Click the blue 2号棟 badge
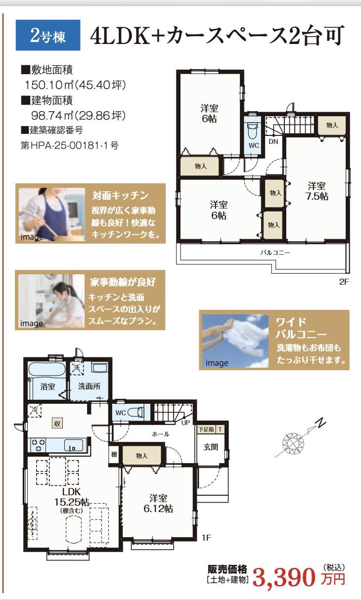[48, 35]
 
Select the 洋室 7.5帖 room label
[317, 191]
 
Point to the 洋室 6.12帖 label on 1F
[158, 503]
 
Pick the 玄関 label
[211, 447]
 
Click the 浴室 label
[47, 386]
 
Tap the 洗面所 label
[89, 386]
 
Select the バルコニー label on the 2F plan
[275, 253]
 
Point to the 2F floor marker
[344, 282]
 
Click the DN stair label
[273, 141]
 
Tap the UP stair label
[185, 423]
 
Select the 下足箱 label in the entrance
[206, 429]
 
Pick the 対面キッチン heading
[120, 196]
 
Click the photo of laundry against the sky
[235, 341]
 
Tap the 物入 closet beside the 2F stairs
[332, 125]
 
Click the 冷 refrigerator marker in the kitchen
[35, 410]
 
